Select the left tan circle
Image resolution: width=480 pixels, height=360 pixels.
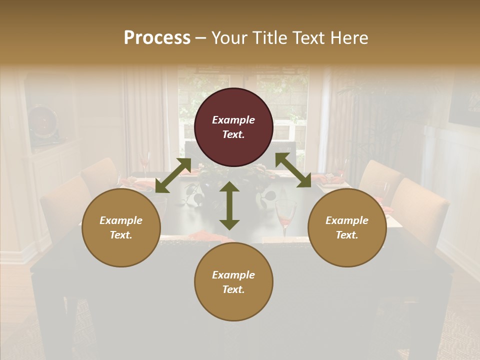(121, 227)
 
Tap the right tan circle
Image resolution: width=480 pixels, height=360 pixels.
(347, 227)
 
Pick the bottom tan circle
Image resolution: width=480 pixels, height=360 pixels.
(233, 282)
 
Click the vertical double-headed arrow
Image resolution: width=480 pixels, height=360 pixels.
(229, 205)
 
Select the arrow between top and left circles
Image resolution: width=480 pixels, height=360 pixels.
(173, 175)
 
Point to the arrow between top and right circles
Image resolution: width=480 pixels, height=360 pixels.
(293, 170)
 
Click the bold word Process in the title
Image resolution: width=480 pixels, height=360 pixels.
(157, 38)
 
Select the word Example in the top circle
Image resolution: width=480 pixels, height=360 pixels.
(233, 120)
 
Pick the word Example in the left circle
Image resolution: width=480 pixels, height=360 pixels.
(121, 220)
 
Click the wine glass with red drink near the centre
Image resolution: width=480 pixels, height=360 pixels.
(286, 215)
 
